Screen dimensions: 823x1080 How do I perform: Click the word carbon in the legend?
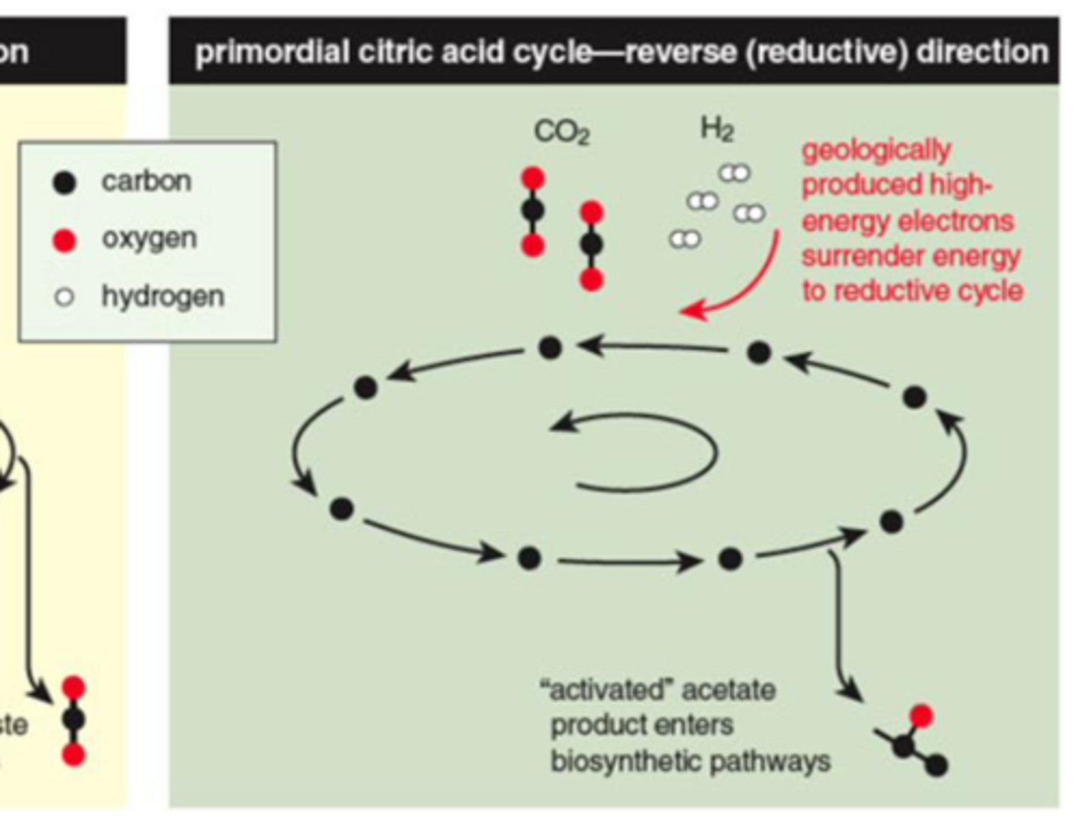click(x=146, y=181)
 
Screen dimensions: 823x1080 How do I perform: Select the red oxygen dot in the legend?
click(x=65, y=240)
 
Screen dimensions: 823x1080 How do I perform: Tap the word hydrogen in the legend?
click(x=163, y=296)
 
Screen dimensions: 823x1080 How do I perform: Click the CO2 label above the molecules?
click(x=562, y=133)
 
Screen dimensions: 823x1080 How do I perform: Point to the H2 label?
click(x=716, y=129)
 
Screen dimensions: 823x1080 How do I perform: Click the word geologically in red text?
click(x=876, y=151)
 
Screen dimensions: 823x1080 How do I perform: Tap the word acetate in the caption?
click(x=728, y=689)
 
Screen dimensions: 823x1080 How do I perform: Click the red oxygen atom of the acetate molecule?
click(x=921, y=716)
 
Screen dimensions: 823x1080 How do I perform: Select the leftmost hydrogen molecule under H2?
click(x=684, y=239)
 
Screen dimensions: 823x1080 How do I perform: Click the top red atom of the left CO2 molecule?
click(x=532, y=179)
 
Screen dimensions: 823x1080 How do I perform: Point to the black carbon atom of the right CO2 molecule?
click(x=592, y=245)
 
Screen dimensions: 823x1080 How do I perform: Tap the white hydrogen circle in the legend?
click(x=64, y=297)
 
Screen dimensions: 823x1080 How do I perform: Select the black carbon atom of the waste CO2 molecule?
click(x=73, y=720)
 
